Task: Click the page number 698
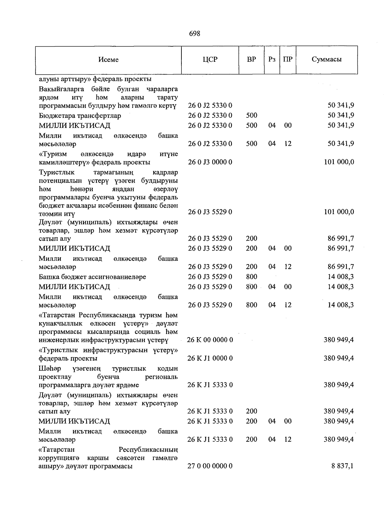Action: [195, 33]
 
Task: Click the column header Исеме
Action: [108, 60]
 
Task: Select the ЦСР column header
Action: [210, 60]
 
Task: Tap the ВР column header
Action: [251, 60]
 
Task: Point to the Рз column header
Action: [272, 60]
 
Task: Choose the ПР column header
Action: [288, 60]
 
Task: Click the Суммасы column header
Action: [326, 59]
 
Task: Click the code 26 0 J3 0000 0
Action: [210, 162]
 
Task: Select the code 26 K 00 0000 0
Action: [210, 340]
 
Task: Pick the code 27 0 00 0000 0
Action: [210, 466]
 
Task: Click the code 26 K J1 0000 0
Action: [210, 358]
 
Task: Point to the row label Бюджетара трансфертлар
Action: [80, 116]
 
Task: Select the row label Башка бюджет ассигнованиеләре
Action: [92, 277]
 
